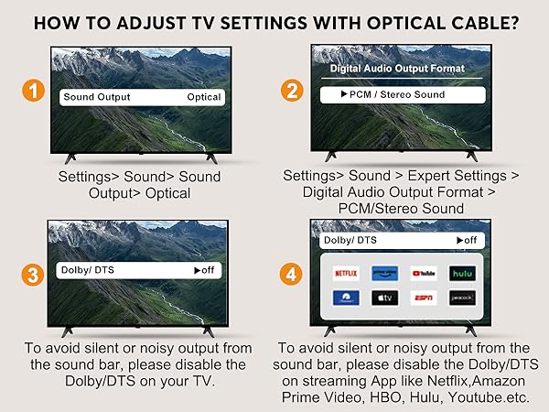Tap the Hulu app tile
[x=461, y=272]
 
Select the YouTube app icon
[x=423, y=272]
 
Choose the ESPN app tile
[x=423, y=298]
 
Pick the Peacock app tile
[x=461, y=298]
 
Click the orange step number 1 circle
[x=34, y=92]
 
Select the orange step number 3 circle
[x=34, y=272]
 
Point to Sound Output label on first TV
[x=96, y=96]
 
